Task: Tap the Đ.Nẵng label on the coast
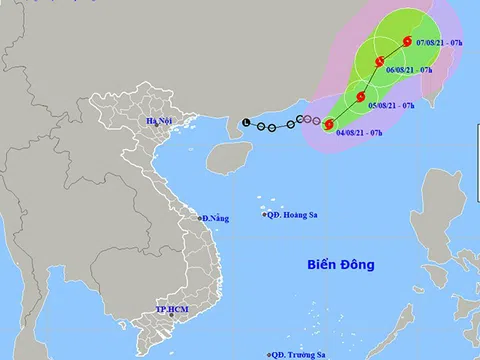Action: tap(215, 217)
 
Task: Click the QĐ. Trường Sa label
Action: tap(301, 354)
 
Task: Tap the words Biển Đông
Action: tap(341, 265)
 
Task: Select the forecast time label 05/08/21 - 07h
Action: tap(391, 104)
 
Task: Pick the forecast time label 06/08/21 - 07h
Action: tap(412, 70)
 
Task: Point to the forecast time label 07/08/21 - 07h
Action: tap(437, 43)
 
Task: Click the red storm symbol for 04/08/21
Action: tap(329, 124)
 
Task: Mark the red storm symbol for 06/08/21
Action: tap(380, 62)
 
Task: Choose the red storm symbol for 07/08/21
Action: tap(408, 41)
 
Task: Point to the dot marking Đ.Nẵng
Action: tap(199, 217)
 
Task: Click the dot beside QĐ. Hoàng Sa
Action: tap(264, 214)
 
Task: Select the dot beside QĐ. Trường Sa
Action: tap(271, 354)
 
